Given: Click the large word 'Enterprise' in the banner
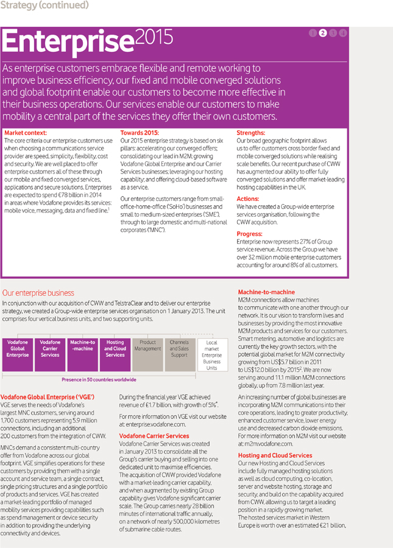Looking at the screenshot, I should point(68,42).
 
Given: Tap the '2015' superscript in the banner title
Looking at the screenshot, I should point(154,37).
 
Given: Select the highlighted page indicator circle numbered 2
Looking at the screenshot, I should point(323,33).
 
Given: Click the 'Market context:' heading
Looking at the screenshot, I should point(26,132).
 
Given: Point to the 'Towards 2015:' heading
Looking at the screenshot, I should point(139,132).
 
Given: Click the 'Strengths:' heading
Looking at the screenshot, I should point(250,132).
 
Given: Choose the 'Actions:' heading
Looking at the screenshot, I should point(248,198).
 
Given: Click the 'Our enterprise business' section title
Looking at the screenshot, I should point(38,293).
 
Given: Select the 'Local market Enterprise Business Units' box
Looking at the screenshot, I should point(211,356).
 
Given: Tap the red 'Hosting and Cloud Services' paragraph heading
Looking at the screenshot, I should point(275,455).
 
